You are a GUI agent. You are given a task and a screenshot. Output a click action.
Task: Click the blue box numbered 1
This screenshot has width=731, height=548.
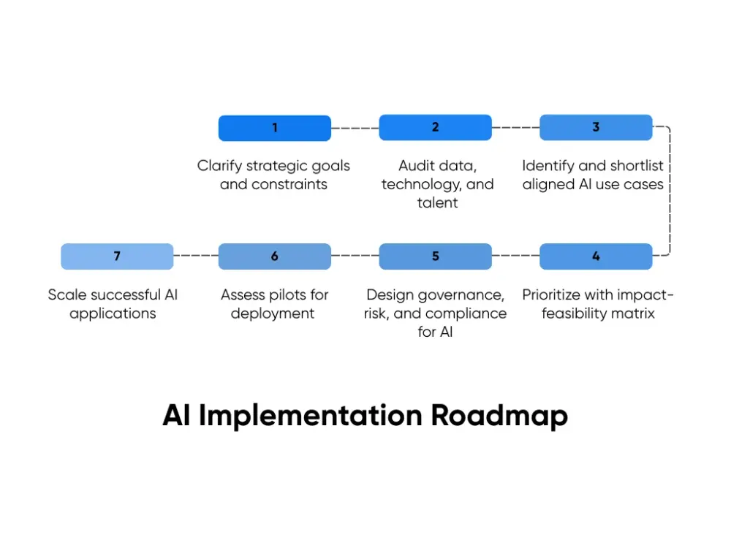(274, 128)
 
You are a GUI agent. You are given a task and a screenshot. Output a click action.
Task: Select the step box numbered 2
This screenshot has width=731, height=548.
(435, 127)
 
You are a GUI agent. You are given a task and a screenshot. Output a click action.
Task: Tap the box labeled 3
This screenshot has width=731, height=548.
(596, 127)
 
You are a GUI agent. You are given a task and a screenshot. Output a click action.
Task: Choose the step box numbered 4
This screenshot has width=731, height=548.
(596, 256)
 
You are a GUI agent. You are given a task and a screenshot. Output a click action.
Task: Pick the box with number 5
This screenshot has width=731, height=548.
(435, 256)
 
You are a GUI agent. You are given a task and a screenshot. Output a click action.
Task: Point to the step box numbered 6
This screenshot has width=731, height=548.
(274, 256)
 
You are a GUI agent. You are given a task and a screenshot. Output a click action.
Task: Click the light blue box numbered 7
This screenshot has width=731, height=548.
(117, 256)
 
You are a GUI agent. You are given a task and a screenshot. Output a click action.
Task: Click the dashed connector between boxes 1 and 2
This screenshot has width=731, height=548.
(355, 128)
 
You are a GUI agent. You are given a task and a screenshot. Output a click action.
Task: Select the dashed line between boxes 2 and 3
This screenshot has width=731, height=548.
(515, 127)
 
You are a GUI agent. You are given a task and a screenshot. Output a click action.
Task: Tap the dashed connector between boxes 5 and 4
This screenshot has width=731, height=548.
(515, 256)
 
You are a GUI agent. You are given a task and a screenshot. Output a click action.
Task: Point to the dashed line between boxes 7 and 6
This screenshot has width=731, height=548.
(196, 256)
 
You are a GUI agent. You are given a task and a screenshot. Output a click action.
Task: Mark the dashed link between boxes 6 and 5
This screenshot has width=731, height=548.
(355, 256)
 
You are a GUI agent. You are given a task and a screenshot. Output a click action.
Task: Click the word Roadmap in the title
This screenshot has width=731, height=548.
(499, 416)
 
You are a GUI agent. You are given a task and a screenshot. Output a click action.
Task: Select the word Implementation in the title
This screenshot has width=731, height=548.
(311, 416)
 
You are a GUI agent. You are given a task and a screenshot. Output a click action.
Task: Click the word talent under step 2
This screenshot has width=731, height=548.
(437, 203)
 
